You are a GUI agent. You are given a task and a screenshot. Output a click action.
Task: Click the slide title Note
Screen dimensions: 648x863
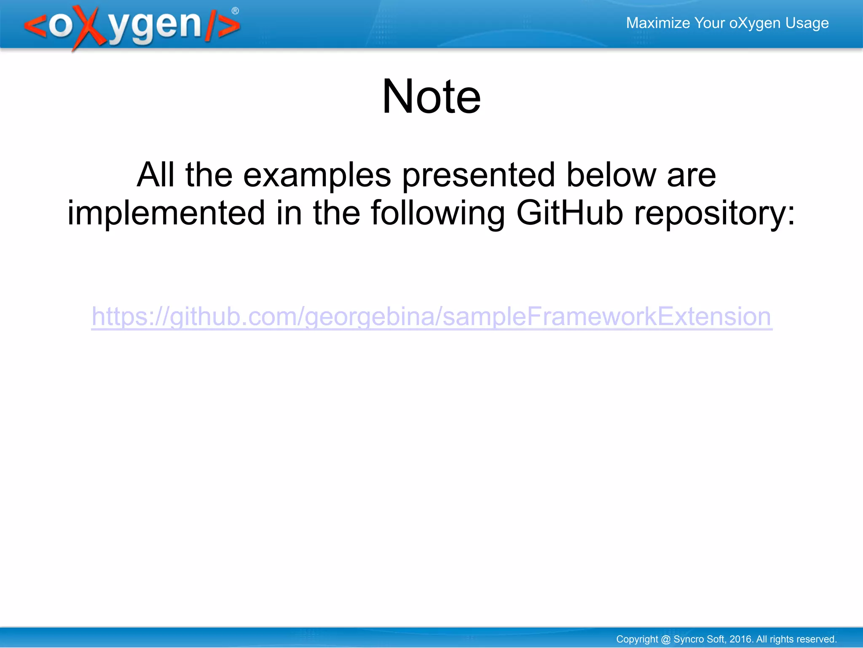click(x=431, y=97)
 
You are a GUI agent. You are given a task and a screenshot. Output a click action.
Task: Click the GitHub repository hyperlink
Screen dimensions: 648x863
click(x=431, y=317)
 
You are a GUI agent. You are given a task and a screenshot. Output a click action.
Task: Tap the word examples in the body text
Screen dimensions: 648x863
click(x=317, y=175)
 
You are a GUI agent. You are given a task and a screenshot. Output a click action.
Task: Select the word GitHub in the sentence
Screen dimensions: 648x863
click(x=569, y=213)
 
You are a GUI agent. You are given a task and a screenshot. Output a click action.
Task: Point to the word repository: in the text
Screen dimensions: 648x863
click(x=715, y=214)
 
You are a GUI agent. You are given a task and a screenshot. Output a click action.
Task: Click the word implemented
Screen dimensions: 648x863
click(x=166, y=213)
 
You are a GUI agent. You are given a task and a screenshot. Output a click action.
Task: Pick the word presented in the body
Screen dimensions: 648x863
click(x=479, y=175)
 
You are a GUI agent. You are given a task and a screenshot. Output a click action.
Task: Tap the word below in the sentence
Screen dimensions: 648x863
click(x=611, y=175)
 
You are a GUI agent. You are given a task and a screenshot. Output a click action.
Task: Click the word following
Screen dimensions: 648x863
click(x=438, y=214)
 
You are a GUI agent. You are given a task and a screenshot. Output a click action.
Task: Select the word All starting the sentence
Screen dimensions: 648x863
click(x=155, y=175)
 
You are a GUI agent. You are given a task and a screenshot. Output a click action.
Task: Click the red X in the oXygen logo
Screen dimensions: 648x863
click(x=89, y=27)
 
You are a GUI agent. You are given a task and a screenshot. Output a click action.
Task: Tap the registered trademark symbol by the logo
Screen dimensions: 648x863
click(x=235, y=11)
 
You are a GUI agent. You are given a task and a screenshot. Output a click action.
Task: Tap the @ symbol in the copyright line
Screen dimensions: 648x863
click(x=666, y=639)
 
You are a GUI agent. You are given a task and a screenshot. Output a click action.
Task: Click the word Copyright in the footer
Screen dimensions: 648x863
click(x=637, y=639)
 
